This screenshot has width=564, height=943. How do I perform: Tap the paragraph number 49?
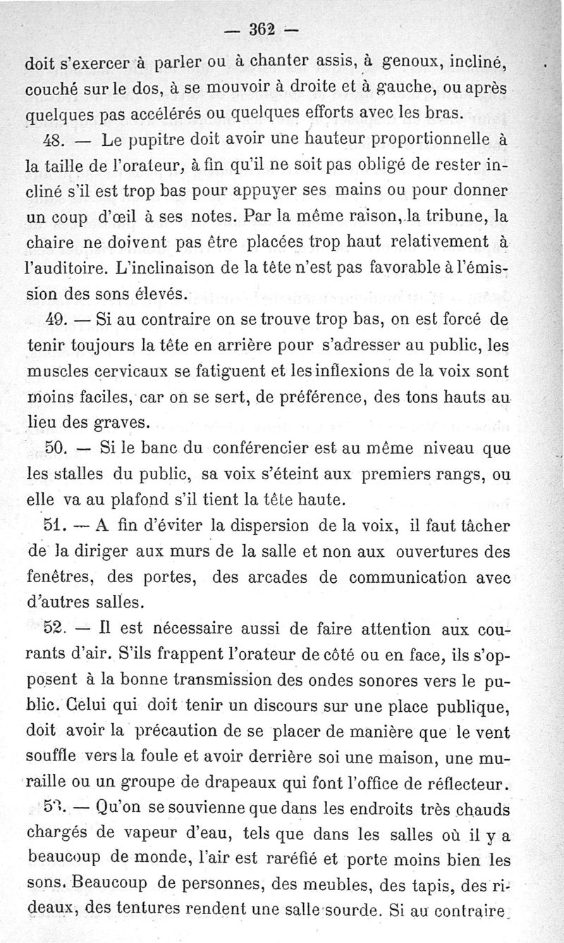(x=56, y=319)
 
